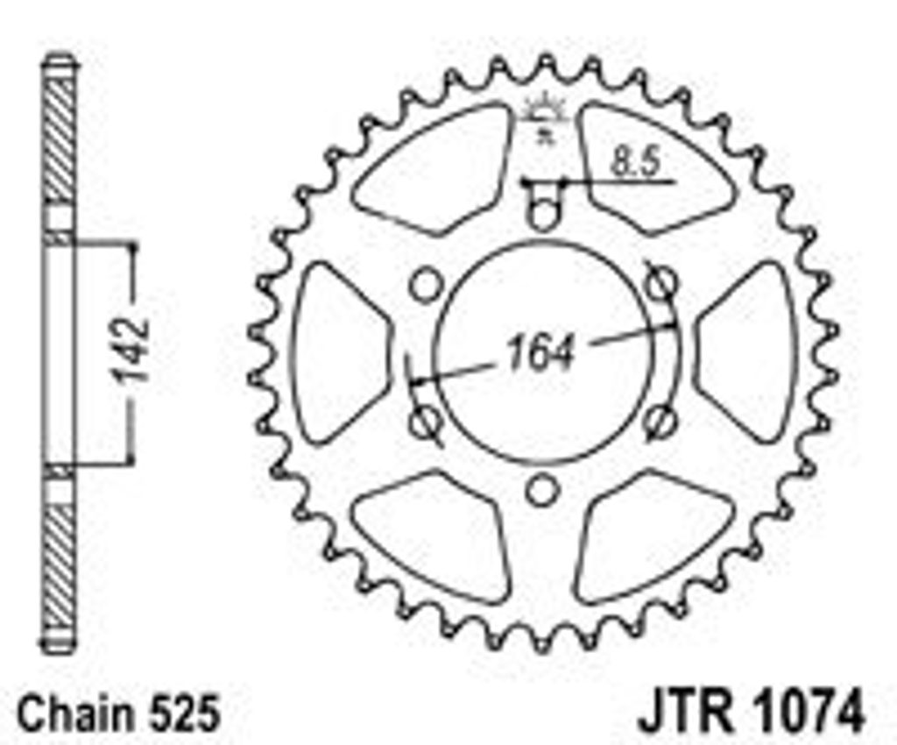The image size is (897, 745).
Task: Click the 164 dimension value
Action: (540, 352)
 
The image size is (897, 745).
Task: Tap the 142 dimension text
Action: (131, 349)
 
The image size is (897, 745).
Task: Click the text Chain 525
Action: (119, 713)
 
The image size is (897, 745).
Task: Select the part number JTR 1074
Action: (751, 712)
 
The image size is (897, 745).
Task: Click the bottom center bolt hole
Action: (541, 491)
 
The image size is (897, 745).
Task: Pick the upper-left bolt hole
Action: (427, 285)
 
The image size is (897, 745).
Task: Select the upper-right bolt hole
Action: (662, 283)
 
